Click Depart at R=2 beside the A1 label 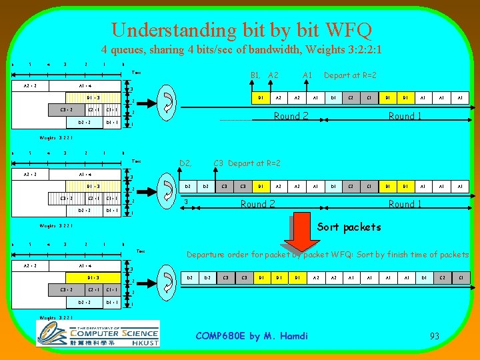pyautogui.click(x=350, y=75)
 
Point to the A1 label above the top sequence pyautogui.click(x=308, y=75)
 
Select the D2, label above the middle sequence pyautogui.click(x=186, y=163)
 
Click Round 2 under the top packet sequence pyautogui.click(x=292, y=116)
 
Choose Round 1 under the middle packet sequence pyautogui.click(x=405, y=204)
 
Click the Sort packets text pyautogui.click(x=349, y=227)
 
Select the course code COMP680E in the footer pyautogui.click(x=221, y=335)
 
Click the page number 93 pyautogui.click(x=434, y=336)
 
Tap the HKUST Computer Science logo pyautogui.click(x=98, y=333)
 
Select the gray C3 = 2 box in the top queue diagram pyautogui.click(x=66, y=109)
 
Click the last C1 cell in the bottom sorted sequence pyautogui.click(x=460, y=277)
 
